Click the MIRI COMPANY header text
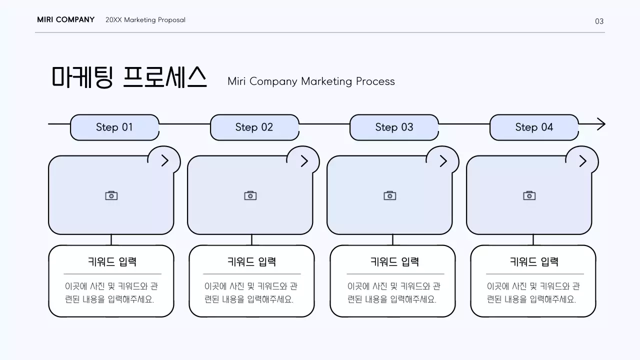(65, 20)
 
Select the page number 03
(599, 21)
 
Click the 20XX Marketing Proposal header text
(145, 20)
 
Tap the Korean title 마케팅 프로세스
(129, 77)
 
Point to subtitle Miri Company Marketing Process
(311, 81)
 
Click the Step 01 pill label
(114, 127)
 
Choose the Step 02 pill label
(254, 127)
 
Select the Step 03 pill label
(394, 127)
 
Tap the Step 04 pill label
(534, 127)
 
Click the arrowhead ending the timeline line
(601, 124)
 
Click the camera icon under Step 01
(111, 195)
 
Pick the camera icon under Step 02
(250, 195)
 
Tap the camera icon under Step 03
(390, 195)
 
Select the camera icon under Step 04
(529, 195)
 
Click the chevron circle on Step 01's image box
(164, 161)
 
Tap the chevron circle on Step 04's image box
(582, 161)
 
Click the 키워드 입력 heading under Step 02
(251, 261)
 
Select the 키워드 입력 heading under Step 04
(534, 261)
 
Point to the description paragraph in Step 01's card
(111, 293)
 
